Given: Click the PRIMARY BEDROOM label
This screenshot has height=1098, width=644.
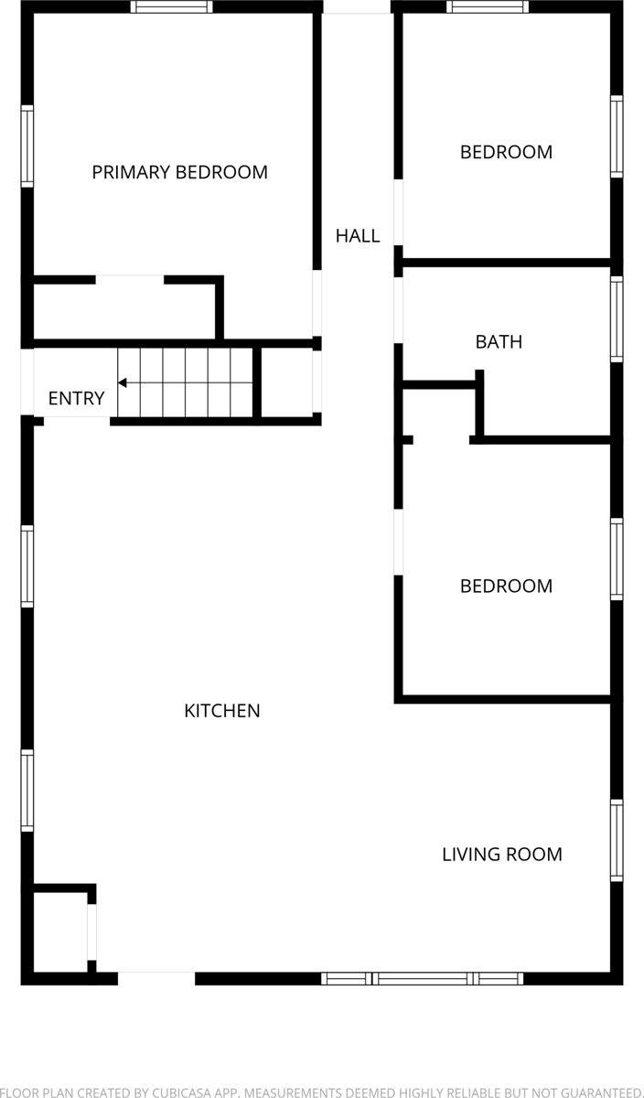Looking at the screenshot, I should point(179,172).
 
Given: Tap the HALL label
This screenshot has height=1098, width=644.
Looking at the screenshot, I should point(357,236).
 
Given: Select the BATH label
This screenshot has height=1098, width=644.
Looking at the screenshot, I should point(499,342).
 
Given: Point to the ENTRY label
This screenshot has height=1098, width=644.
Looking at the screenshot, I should point(76,399).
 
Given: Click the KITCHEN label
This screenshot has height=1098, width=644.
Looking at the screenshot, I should point(222,711).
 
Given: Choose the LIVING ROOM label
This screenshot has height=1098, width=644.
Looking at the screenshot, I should point(501,855).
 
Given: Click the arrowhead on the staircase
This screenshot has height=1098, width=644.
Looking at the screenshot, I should point(123,382).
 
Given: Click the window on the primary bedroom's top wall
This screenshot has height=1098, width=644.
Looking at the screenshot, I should point(171,6).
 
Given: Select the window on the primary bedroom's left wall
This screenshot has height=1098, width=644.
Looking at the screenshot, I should point(27,146).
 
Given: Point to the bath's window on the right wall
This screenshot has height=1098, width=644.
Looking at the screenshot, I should point(617,318).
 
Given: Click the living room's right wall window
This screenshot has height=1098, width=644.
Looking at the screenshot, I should point(617,840).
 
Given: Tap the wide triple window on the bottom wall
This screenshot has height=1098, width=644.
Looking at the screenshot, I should point(423,978).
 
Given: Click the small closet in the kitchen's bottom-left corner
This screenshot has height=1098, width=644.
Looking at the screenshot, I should point(60,931).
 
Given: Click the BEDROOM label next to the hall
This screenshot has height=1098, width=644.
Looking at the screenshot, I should point(506,152).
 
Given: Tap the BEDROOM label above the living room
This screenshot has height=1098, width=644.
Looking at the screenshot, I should point(506,587).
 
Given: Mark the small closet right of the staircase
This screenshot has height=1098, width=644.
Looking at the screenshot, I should point(287,382).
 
